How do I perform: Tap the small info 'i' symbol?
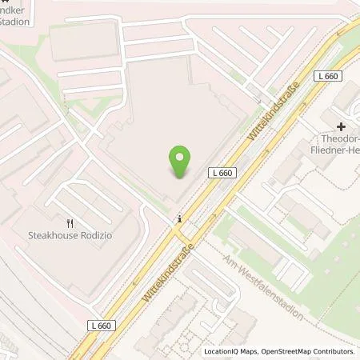180,217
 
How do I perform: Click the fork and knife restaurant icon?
70,225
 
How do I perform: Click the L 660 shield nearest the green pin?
223,173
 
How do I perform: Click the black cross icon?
341,126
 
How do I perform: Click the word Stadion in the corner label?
14,21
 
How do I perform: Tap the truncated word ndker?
14,9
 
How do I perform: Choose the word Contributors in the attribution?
337,351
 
